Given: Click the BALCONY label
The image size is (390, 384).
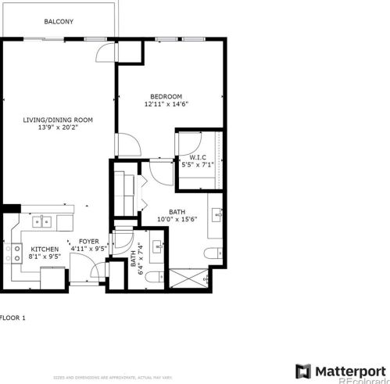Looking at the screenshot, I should (59, 22).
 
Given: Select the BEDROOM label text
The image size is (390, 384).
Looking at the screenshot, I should (166, 96).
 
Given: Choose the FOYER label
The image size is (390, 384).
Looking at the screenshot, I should (88, 242).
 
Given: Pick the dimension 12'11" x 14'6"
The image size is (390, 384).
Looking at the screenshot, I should (166, 104).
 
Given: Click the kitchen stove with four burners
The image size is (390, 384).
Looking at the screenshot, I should (13, 253).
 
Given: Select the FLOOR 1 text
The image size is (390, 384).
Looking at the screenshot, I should (13, 318).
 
